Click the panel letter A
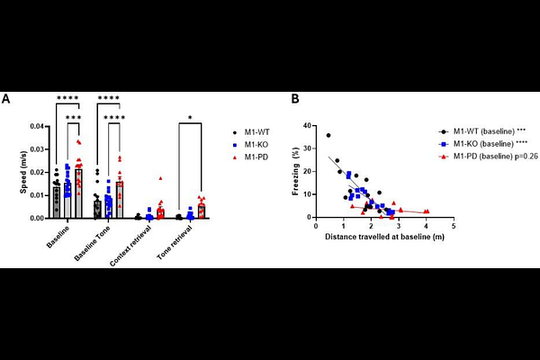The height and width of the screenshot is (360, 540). point(6,98)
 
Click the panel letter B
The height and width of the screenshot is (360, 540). point(294,98)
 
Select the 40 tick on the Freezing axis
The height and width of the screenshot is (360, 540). point(307,123)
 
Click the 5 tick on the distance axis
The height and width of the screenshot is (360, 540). point(452,226)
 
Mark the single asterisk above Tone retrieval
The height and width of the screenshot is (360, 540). point(191,116)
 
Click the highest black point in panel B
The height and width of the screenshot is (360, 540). point(328,135)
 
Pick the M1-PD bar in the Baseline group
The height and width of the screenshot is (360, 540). point(78,193)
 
